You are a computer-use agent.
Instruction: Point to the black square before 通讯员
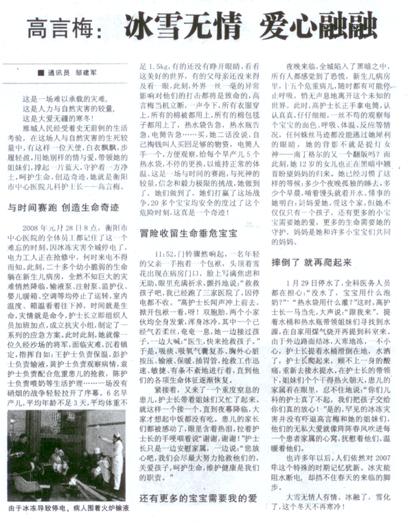[43, 70]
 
